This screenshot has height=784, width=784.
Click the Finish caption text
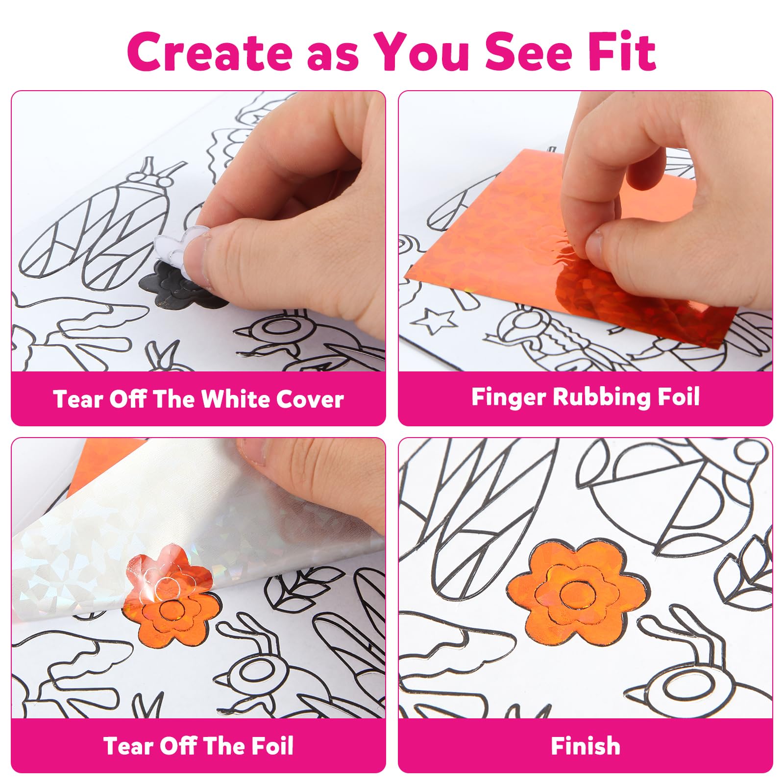tap(586, 746)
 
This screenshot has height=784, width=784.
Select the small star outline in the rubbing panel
tap(433, 321)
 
